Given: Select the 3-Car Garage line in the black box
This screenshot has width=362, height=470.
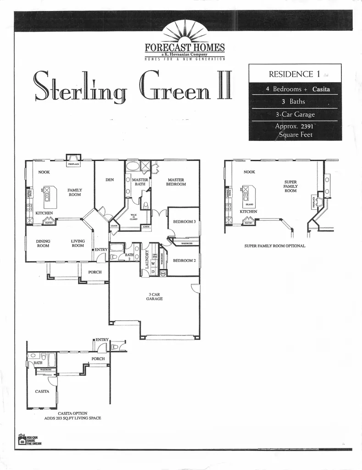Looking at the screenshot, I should coord(295,115).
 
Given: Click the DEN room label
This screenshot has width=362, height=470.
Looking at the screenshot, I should coord(110,179).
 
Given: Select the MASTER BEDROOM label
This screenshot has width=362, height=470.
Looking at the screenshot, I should coord(176,182).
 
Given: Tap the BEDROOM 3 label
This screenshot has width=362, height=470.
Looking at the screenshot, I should coord(184,222).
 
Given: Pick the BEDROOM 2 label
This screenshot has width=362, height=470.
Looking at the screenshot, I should coord(184,260).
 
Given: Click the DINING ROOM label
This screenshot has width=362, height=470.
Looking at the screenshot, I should coord(44,243).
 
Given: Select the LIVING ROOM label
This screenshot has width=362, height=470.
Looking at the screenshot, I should coord(78,243).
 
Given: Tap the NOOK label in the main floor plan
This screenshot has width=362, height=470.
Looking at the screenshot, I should coord(44,172).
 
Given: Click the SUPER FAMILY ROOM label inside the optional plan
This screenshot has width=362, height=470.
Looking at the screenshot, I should coord(290,186).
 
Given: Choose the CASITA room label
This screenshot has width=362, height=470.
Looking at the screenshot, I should coord(42,392).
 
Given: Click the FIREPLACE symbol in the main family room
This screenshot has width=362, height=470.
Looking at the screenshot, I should coord(73,160).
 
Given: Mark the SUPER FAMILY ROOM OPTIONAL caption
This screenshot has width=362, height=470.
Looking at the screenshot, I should coord(275,246).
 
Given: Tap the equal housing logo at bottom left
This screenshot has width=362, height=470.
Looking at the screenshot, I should coord(21,441).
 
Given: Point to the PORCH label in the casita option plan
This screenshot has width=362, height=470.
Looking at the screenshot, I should coord(98,358).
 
